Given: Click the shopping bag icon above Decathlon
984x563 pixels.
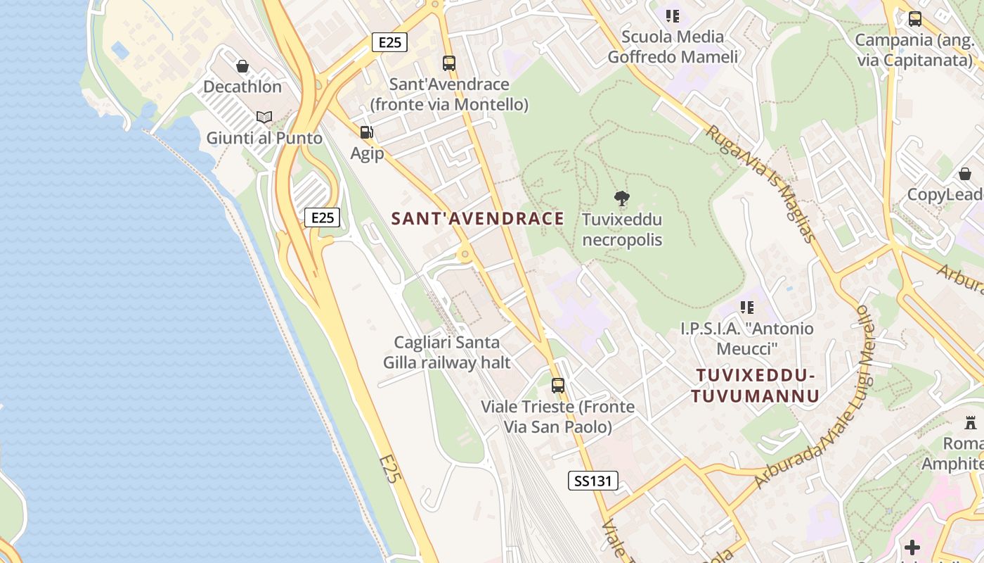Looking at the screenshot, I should click(242, 66).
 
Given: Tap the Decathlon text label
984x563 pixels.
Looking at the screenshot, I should click(242, 87).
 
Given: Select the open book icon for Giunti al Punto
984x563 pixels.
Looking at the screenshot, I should click(264, 118).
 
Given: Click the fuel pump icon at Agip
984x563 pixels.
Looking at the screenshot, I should click(366, 132).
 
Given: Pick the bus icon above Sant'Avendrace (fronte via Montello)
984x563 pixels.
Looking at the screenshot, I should click(449, 63).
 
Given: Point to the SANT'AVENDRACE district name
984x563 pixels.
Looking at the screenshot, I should click(478, 219).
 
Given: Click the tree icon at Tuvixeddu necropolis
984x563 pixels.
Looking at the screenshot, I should click(621, 199).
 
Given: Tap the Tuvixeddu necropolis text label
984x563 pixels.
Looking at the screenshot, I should click(622, 230).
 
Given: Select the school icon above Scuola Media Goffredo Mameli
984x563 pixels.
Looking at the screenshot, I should click(673, 15).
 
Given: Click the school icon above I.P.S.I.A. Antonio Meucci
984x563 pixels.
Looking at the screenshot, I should click(747, 308).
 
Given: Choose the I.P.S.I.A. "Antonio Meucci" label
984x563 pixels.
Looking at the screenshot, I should click(747, 339).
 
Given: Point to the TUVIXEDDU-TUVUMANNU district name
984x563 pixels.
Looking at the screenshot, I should click(755, 386).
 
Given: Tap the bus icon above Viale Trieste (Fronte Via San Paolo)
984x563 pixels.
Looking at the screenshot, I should click(558, 386).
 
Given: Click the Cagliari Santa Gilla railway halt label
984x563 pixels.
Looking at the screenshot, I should click(447, 353).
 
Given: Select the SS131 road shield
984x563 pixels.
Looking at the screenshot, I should click(593, 481).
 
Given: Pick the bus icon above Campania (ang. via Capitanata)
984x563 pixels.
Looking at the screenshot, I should click(915, 19).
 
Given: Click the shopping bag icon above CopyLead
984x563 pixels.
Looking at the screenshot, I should click(965, 173).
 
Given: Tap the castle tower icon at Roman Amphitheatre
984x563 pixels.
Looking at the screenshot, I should click(971, 423).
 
